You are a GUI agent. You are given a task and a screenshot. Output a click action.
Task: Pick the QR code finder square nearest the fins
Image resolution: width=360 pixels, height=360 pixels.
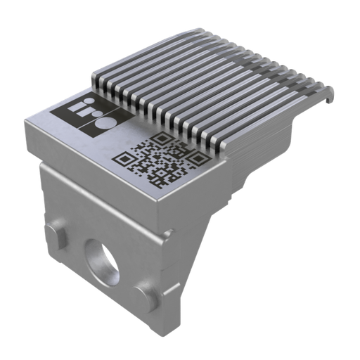click(x=163, y=139)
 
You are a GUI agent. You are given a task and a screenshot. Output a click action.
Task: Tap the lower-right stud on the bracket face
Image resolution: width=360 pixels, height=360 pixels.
click(x=146, y=294)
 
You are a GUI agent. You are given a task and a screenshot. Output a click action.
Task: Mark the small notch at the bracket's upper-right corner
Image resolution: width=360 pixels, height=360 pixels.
click(x=168, y=231)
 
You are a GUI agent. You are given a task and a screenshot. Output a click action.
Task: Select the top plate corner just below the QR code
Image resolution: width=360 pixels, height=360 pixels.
click(x=159, y=200)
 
